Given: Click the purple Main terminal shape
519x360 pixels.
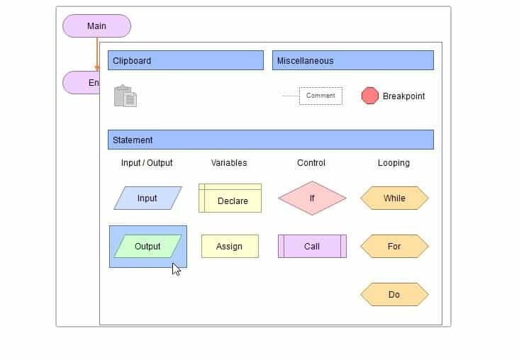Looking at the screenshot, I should point(96,26).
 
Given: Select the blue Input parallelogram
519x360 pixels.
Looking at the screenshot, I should point(147,198).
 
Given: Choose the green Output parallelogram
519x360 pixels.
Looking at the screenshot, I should point(147,247).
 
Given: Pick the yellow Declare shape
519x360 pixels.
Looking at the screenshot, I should point(230,199).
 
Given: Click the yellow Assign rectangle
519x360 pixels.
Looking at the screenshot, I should point(230,247).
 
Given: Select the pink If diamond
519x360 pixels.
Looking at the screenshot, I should point(312,198).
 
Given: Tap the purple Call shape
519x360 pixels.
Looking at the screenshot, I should point(312,247).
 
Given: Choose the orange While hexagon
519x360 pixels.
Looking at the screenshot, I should point(394,198).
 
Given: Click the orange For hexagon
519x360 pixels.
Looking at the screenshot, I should point(394,247).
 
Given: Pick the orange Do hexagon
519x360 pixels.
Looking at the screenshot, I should point(394,295).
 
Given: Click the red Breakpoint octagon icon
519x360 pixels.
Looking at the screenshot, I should point(370,96).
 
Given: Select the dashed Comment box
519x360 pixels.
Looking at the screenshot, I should point(320,96).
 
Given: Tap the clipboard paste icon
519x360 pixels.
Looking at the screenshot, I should point(125,96).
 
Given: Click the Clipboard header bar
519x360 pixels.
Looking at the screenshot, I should point(186,61).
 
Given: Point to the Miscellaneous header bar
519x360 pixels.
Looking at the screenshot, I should point(352,61).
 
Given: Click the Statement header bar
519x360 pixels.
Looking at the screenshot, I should point(270,140).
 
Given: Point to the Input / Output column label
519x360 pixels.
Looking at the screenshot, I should point(147,163).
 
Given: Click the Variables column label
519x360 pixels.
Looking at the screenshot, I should point(229,163).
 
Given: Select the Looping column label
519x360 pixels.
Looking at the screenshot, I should point(394,163).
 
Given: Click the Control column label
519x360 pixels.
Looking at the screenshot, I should point(311,163).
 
